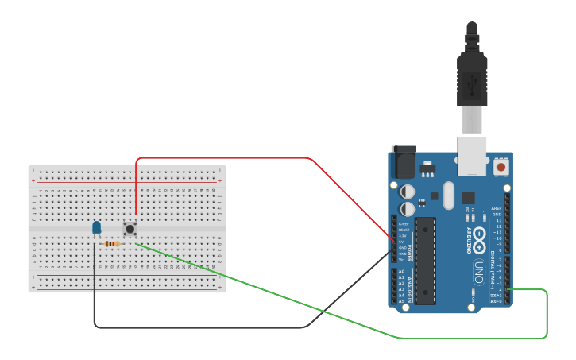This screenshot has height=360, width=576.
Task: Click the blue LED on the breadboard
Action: click(97, 228)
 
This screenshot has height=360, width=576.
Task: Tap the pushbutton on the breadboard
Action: click(130, 229)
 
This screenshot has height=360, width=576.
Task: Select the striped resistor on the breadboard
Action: click(112, 244)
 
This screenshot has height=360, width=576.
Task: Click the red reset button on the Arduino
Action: click(501, 168)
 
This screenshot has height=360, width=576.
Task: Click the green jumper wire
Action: click(278, 294)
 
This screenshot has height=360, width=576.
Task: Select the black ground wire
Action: click(199, 327)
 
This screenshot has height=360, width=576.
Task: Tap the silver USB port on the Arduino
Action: click(472, 156)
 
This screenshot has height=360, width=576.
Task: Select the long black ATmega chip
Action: click(425, 261)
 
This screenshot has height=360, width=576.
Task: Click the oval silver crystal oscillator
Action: click(448, 195)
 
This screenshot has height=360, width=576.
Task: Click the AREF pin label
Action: click(497, 208)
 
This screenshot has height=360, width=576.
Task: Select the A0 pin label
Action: click(401, 272)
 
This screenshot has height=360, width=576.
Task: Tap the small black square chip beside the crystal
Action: click(468, 198)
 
